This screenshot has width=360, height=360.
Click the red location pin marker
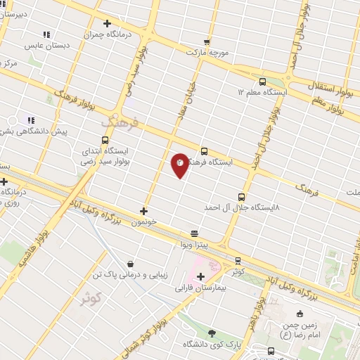(180, 164)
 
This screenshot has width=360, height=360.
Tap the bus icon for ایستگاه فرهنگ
(205, 151)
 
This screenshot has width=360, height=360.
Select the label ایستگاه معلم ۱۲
(262, 92)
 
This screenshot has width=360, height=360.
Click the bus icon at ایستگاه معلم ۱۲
(262, 81)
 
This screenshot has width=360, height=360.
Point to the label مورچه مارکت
(208, 52)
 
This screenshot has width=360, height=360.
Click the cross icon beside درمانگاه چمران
(106, 23)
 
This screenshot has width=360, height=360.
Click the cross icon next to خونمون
(144, 210)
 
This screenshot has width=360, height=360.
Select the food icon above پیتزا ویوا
(194, 233)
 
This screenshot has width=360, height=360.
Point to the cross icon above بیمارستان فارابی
(200, 276)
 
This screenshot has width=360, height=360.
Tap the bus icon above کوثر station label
(238, 260)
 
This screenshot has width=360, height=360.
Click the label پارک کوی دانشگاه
(212, 344)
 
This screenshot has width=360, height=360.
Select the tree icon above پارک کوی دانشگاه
(212, 333)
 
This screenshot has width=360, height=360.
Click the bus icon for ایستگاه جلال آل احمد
(242, 197)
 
